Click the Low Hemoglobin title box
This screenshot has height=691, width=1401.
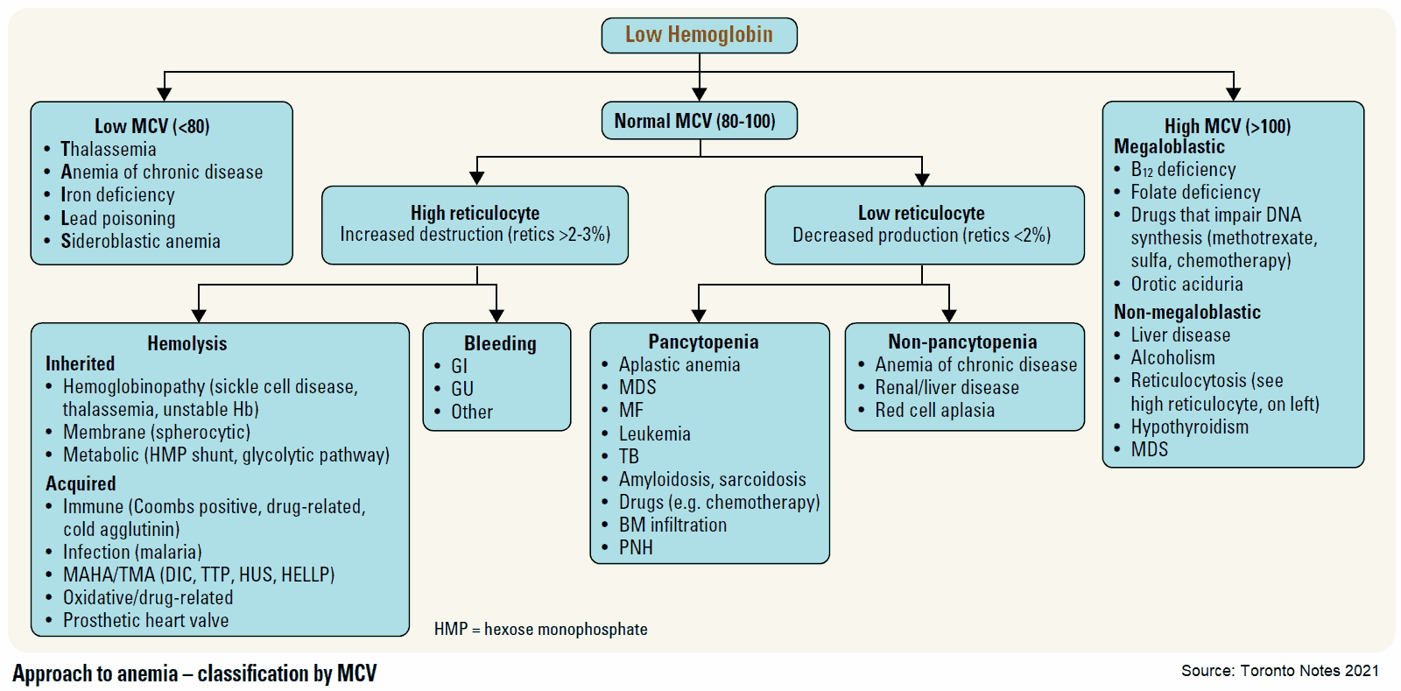(x=699, y=35)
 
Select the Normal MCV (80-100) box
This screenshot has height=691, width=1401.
(x=699, y=121)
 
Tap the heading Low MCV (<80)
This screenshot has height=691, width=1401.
(x=152, y=126)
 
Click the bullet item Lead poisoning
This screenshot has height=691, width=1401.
(x=117, y=218)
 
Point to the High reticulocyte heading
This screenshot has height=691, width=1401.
(x=475, y=213)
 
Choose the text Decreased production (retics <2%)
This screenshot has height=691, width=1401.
(x=921, y=235)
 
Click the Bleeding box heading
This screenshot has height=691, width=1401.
(x=500, y=343)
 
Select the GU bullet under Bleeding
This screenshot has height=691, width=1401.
(x=461, y=389)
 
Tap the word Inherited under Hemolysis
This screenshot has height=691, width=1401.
(x=80, y=363)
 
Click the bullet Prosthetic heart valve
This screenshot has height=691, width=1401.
(x=145, y=620)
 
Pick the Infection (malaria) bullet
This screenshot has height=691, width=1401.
(x=132, y=552)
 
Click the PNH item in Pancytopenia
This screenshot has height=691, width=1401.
(x=636, y=547)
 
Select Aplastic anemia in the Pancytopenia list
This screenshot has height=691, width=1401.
(x=679, y=364)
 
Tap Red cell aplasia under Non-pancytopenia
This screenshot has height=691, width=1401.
(x=934, y=410)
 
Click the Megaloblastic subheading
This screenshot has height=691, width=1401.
(x=1169, y=146)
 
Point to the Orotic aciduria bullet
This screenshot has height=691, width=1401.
(x=1186, y=284)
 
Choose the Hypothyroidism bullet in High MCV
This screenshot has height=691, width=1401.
(x=1189, y=427)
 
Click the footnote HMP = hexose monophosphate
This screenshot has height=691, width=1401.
(x=540, y=629)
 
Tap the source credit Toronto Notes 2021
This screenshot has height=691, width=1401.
(x=1279, y=671)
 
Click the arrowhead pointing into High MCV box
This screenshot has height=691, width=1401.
(x=1233, y=94)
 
